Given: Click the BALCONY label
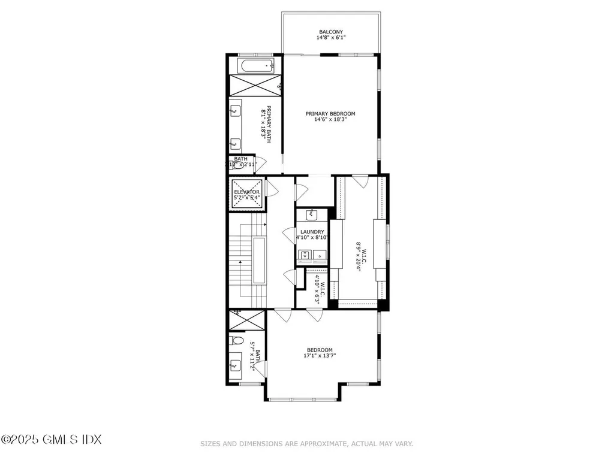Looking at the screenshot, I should [330, 32].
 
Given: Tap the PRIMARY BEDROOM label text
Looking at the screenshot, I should [330, 114].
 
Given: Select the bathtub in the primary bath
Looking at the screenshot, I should [254, 65].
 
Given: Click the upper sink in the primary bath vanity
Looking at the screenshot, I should [236, 110].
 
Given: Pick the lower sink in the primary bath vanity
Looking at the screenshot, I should [236, 143].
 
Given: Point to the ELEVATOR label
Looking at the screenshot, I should [246, 192].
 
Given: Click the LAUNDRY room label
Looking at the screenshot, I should [312, 232].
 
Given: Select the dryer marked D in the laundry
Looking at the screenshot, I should [320, 255].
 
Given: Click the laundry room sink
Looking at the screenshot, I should [312, 214].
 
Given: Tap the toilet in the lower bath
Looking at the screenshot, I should [237, 341].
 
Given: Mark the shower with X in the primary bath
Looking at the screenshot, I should [254, 85].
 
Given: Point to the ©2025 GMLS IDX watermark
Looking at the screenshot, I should [51, 440].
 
